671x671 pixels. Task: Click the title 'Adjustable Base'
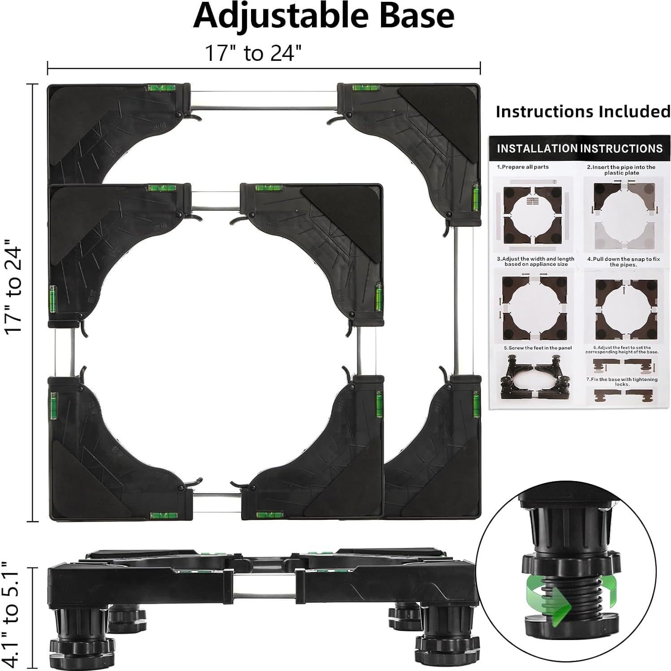point(324,16)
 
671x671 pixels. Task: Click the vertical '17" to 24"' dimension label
point(14,290)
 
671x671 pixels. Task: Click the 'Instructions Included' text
point(583,111)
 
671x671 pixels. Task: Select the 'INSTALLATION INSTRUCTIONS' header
point(580,148)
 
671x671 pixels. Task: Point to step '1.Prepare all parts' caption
point(523,167)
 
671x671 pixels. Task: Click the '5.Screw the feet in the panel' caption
point(537,348)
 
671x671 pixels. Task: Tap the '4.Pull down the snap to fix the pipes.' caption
point(623,262)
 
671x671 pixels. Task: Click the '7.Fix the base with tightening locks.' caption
point(622,381)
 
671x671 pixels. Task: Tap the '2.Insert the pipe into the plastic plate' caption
point(621,170)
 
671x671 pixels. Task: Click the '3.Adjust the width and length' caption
point(535,262)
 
